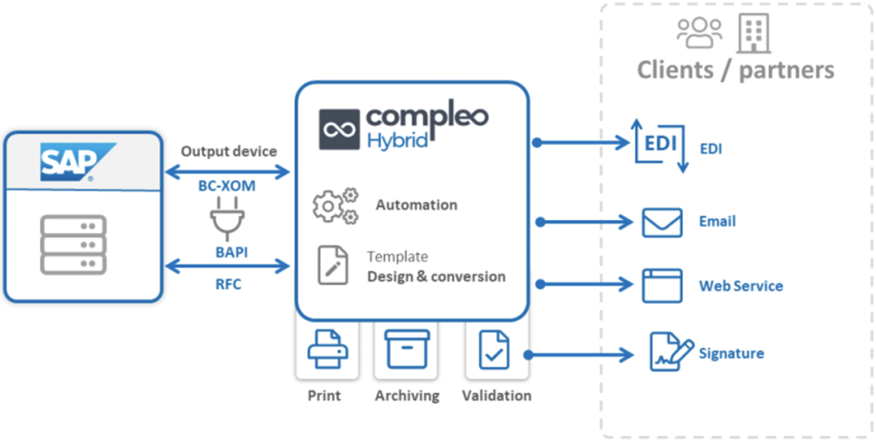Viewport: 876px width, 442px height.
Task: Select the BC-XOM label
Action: click(x=229, y=185)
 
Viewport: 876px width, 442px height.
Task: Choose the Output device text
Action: click(x=229, y=151)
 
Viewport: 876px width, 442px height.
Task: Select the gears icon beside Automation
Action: click(x=336, y=205)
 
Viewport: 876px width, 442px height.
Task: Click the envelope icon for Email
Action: click(x=661, y=222)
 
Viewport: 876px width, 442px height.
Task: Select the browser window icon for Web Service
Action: click(x=661, y=285)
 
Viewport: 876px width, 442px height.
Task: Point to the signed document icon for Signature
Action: click(x=670, y=352)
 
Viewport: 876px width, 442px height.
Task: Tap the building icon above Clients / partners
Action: click(x=753, y=32)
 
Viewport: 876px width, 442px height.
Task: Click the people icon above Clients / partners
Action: click(x=699, y=33)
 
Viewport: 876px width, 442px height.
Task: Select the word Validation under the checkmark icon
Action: click(x=497, y=396)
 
